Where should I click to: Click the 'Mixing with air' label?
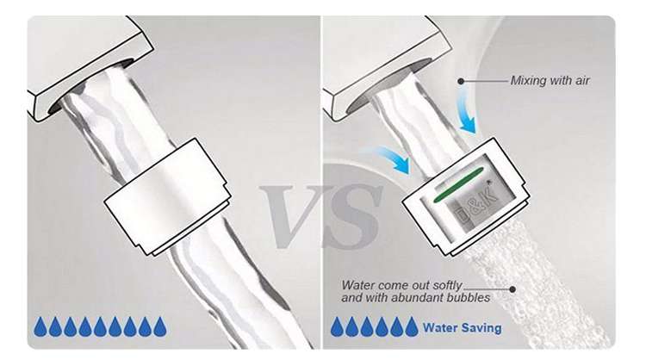[x=550, y=80]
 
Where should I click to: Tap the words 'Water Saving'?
[x=463, y=328]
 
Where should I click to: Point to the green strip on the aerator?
[x=457, y=185]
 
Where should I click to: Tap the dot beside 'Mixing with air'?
[x=461, y=81]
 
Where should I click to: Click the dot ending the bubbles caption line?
[x=512, y=289]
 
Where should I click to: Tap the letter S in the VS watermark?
[x=352, y=216]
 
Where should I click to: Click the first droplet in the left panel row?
[x=40, y=326]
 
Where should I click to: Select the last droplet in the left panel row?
[x=160, y=326]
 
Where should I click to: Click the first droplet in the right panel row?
[x=337, y=326]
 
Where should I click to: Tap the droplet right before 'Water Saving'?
[x=411, y=326]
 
